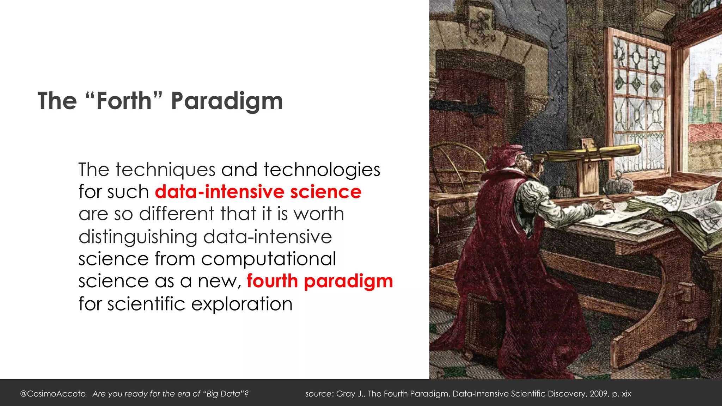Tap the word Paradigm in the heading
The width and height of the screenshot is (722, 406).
pyautogui.click(x=227, y=101)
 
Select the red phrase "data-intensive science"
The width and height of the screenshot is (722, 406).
pyautogui.click(x=258, y=192)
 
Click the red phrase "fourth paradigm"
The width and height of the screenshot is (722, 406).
pyautogui.click(x=319, y=281)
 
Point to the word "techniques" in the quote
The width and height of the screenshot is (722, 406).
pyautogui.click(x=165, y=170)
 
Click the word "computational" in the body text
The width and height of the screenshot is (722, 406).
pyautogui.click(x=269, y=259)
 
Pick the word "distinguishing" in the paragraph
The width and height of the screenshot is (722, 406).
pyautogui.click(x=138, y=236)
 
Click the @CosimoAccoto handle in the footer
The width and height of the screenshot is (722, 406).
pyautogui.click(x=53, y=394)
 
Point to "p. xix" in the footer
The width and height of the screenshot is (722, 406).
pyautogui.click(x=622, y=394)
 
